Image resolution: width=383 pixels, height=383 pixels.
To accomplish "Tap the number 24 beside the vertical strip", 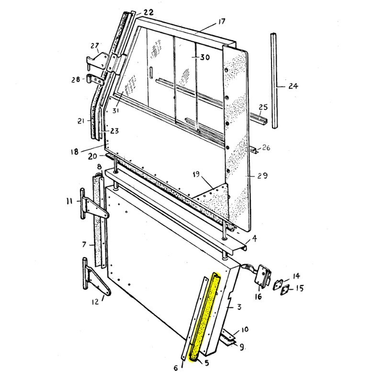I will coord(293,87).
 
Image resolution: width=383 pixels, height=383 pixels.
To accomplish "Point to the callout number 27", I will coord(95,46).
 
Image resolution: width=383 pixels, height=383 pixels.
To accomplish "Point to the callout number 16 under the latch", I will coord(259,297).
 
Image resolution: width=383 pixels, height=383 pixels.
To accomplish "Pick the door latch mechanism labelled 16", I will coord(264,276).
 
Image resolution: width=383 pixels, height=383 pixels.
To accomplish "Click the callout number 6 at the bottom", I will coord(176,367).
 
